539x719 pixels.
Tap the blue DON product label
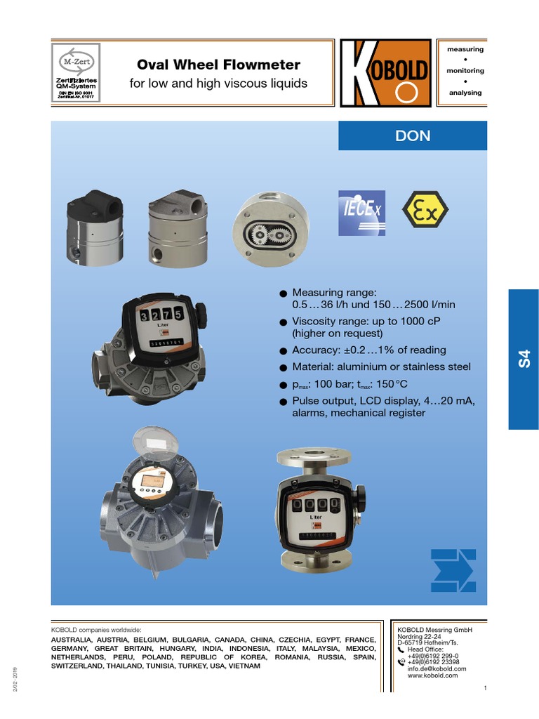click(x=413, y=136)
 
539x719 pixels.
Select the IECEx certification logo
click(x=361, y=209)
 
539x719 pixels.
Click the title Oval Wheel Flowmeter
click(x=218, y=65)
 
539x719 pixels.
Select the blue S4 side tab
click(x=523, y=359)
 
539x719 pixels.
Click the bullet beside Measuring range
click(x=284, y=293)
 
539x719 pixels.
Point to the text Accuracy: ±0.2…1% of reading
click(x=368, y=350)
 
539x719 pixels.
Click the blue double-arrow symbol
click(x=453, y=569)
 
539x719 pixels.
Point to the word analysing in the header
click(x=465, y=93)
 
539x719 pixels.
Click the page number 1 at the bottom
click(x=485, y=687)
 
